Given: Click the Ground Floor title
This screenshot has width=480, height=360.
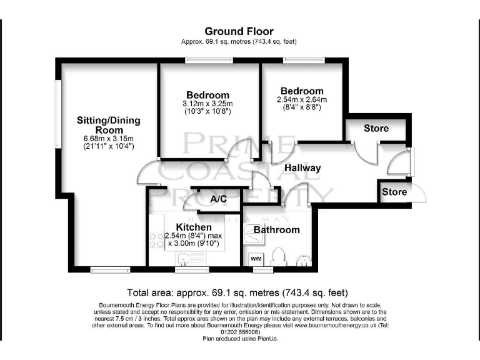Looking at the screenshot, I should pyautogui.click(x=239, y=31).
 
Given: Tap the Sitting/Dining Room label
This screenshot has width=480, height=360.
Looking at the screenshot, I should pyautogui.click(x=109, y=125).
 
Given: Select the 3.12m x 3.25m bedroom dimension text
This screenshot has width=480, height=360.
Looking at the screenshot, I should pyautogui.click(x=207, y=104).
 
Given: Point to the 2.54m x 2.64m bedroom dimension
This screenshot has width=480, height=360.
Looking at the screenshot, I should pyautogui.click(x=302, y=99).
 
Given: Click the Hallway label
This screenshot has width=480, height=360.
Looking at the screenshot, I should pyautogui.click(x=302, y=168).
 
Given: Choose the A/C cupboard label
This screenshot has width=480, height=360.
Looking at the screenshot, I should pyautogui.click(x=218, y=199).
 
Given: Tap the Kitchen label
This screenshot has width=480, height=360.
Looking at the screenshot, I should pyautogui.click(x=193, y=226).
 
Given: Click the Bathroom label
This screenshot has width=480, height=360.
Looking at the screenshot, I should pyautogui.click(x=276, y=230).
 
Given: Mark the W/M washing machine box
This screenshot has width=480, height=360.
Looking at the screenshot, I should pyautogui.click(x=256, y=258).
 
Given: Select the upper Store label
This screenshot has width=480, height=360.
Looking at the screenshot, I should pyautogui.click(x=376, y=128).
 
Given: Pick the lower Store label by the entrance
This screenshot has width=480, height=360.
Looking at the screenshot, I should pyautogui.click(x=394, y=192).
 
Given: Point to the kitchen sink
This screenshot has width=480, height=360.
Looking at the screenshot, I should pyautogui.click(x=186, y=259).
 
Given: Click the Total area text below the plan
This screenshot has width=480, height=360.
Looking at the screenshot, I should pyautogui.click(x=238, y=292).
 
